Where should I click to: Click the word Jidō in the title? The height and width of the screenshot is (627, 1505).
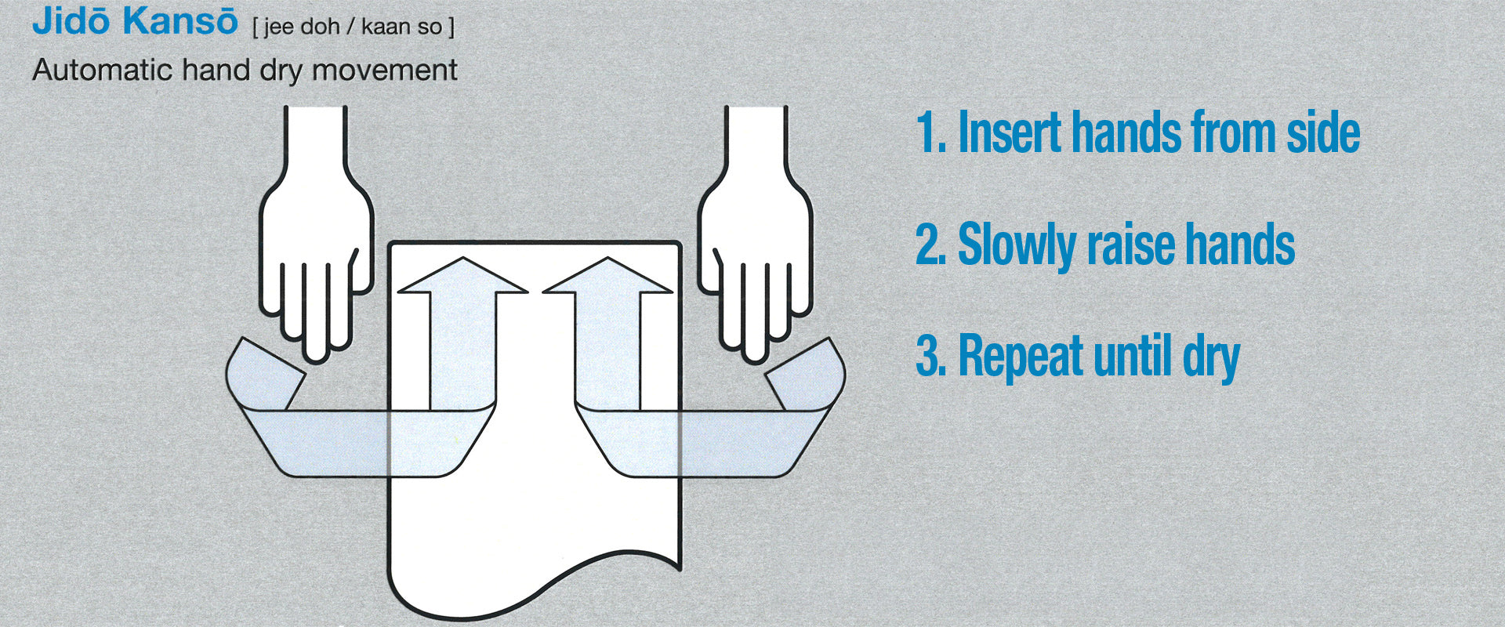[71, 21]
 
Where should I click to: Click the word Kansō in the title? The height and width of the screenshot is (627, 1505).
[180, 21]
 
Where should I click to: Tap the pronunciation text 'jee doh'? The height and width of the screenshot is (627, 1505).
[301, 27]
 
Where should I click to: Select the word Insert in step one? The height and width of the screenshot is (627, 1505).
[1010, 132]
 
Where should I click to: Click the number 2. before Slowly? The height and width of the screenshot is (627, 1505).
[933, 245]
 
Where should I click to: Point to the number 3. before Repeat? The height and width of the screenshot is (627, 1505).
[933, 357]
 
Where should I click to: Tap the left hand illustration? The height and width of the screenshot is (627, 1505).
[314, 235]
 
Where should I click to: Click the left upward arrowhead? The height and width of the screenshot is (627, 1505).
[462, 278]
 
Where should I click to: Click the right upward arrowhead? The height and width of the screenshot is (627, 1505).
[607, 278]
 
